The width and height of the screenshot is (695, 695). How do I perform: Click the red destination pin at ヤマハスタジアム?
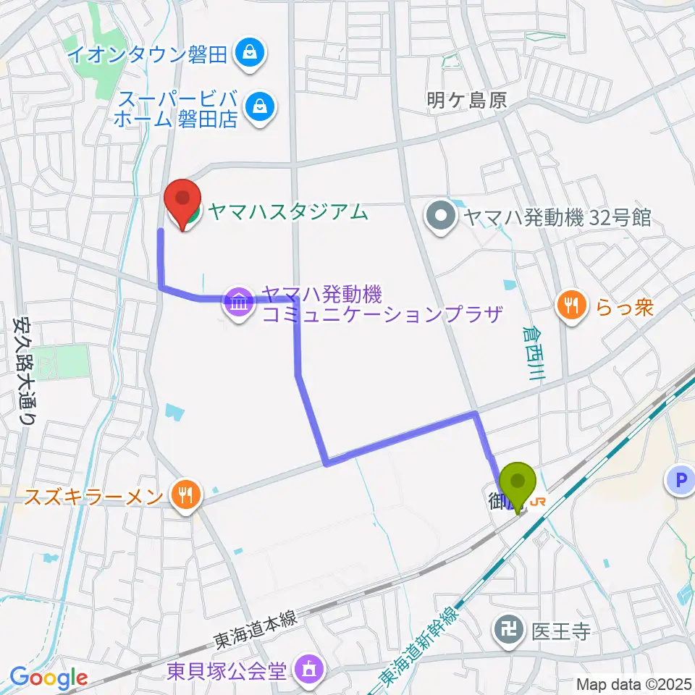pyautogui.click(x=183, y=198)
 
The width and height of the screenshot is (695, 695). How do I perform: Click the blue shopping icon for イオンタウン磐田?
pyautogui.click(x=250, y=52)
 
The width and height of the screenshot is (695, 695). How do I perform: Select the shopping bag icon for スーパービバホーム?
pyautogui.click(x=258, y=108)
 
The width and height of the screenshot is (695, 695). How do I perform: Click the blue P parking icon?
pyautogui.click(x=680, y=479)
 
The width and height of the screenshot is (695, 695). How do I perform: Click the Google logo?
pyautogui.click(x=49, y=678)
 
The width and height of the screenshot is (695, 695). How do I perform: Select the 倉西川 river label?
pyautogui.click(x=534, y=353)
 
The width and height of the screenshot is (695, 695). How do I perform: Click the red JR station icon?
pyautogui.click(x=539, y=501)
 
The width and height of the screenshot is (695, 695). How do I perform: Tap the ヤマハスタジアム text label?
pyautogui.click(x=287, y=212)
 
